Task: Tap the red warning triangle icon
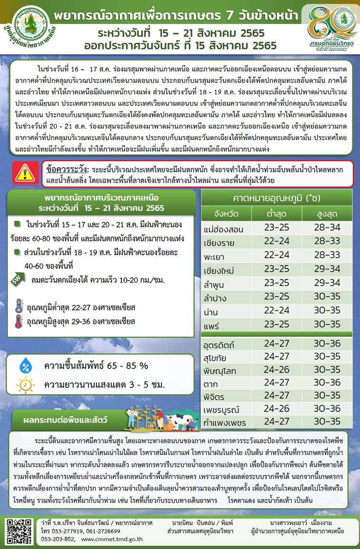24,173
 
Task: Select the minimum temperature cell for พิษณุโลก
277,370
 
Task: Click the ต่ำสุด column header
277,213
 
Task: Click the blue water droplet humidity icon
25,366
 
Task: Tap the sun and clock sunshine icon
25,386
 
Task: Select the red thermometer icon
19,322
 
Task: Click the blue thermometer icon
19,307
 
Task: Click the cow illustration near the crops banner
176,421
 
